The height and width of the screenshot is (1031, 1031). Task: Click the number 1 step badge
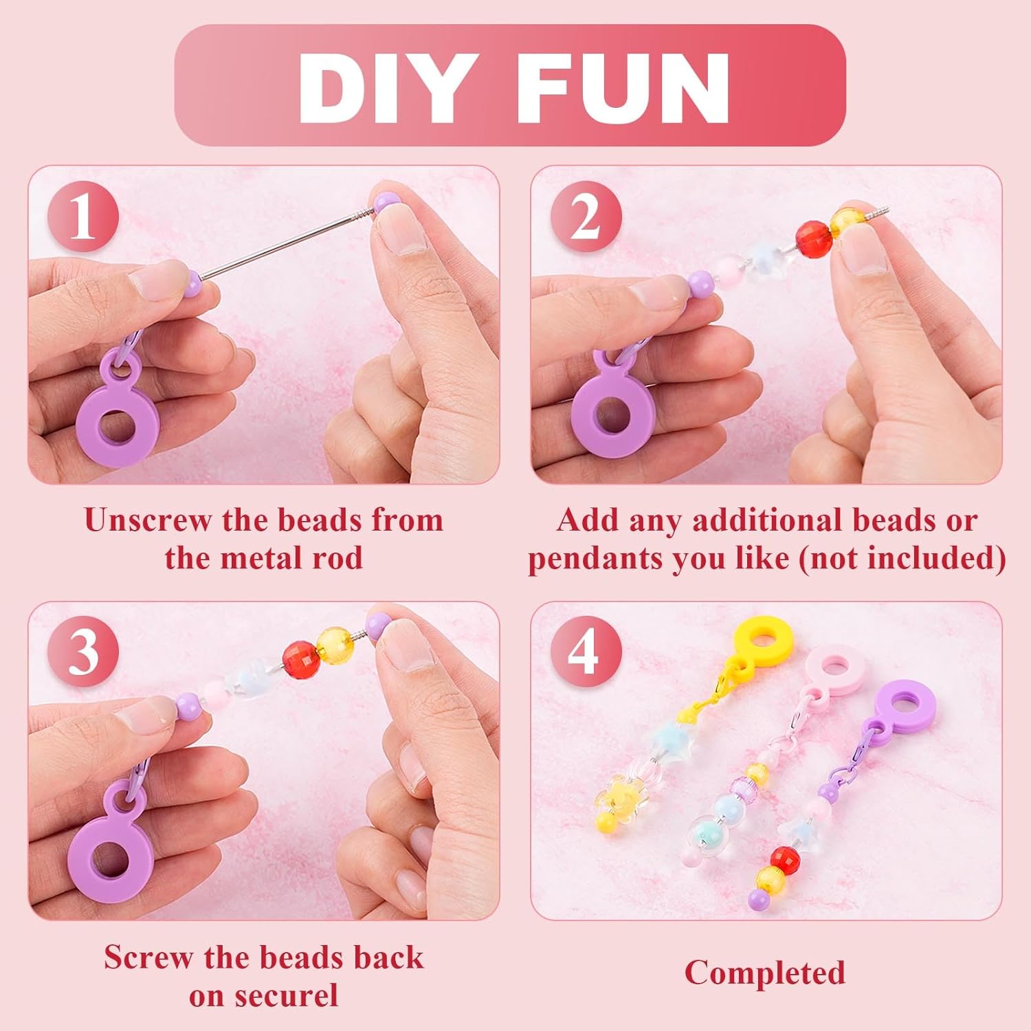(82, 219)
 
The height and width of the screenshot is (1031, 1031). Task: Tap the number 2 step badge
(586, 219)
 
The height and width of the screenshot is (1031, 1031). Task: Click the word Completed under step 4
(764, 973)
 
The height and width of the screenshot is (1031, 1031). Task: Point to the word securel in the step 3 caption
(295, 996)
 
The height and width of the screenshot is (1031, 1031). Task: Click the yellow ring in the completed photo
(762, 639)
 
